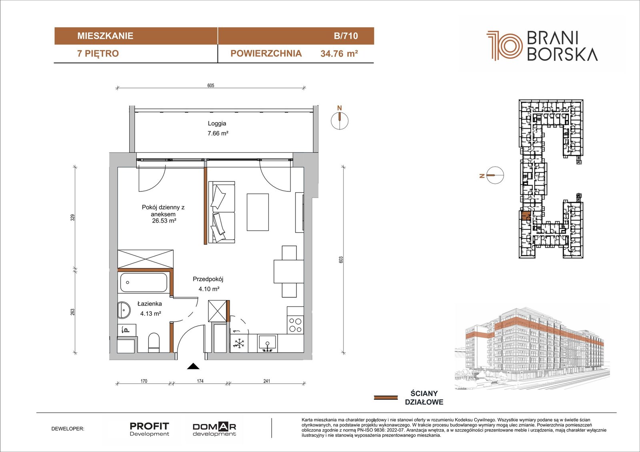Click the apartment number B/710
tap(346, 36)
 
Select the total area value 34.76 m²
tap(339, 54)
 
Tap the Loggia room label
tap(217, 123)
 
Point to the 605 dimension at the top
tap(210, 86)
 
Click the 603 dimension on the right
tap(340, 259)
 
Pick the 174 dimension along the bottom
tap(200, 381)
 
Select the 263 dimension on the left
tap(72, 312)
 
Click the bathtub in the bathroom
tap(144, 283)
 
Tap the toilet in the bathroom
tap(154, 342)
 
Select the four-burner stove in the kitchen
tap(296, 325)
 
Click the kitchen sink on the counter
tap(267, 344)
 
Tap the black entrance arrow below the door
tap(193, 366)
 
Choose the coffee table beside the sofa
tap(258, 212)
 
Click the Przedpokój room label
tap(208, 279)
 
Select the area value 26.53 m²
tap(164, 221)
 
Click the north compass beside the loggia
tap(340, 120)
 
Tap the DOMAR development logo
tap(214, 429)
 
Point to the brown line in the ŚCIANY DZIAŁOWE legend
tap(386, 398)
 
